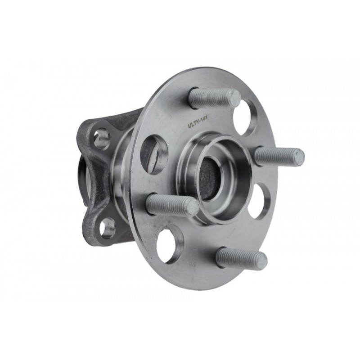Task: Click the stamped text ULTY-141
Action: pyautogui.click(x=198, y=122)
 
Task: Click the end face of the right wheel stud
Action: pyautogui.click(x=299, y=157)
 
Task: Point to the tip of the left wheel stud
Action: pyautogui.click(x=193, y=207)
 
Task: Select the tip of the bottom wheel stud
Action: pyautogui.click(x=262, y=258)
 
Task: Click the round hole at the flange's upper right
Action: pyautogui.click(x=245, y=117)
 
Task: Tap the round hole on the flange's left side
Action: pyautogui.click(x=154, y=154)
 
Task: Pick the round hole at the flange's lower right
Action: pyautogui.click(x=260, y=201)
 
